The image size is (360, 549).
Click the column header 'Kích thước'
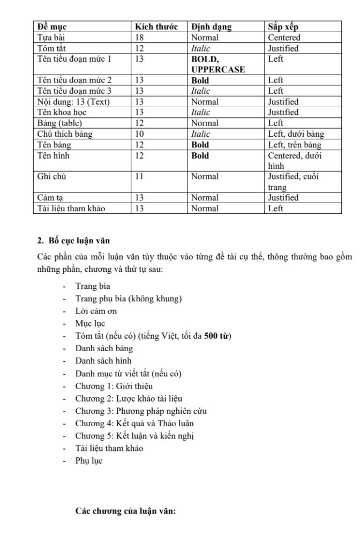tap(156, 27)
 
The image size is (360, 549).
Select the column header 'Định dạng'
tap(212, 27)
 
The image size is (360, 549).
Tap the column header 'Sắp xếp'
tap(283, 27)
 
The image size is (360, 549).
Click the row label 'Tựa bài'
tap(52, 38)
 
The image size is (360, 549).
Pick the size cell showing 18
tap(140, 38)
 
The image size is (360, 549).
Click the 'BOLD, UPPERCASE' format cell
tap(218, 64)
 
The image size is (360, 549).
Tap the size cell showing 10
tap(140, 134)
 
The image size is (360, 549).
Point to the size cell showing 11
tap(140, 176)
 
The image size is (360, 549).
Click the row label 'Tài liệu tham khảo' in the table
tap(71, 209)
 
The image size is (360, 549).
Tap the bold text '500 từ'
tap(217, 336)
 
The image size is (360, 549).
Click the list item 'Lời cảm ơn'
tap(96, 311)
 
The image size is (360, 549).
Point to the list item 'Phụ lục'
tap(89, 461)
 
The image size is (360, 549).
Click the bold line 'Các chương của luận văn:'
tap(126, 511)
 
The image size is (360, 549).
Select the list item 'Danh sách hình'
tap(103, 361)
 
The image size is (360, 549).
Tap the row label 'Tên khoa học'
tap(63, 113)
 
